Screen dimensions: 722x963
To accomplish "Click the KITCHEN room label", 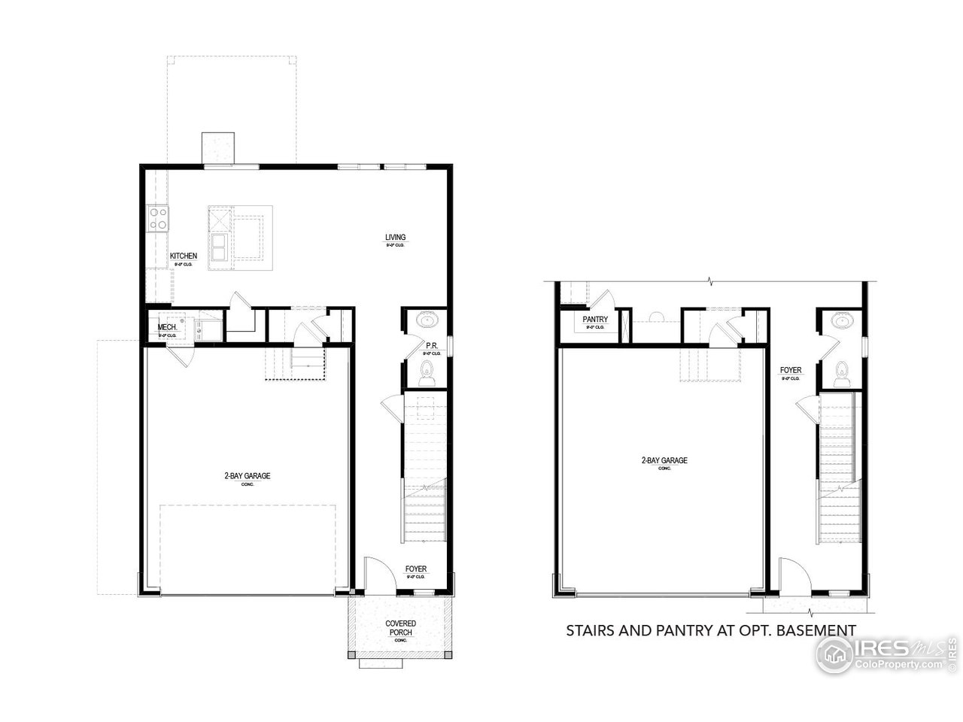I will pyautogui.click(x=184, y=256).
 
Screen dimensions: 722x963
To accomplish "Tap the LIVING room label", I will pyautogui.click(x=396, y=238).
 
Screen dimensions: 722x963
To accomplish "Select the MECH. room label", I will pyautogui.click(x=167, y=327).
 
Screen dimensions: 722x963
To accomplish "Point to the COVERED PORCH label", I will pyautogui.click(x=400, y=628).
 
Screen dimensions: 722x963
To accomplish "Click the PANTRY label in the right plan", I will pyautogui.click(x=595, y=320).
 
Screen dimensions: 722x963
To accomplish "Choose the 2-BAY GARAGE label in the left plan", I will pyautogui.click(x=247, y=476).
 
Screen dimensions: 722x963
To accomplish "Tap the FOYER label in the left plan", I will pyautogui.click(x=416, y=569).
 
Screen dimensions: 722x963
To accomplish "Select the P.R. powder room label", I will pyautogui.click(x=432, y=347).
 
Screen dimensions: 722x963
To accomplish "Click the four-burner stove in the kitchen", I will pyautogui.click(x=159, y=219).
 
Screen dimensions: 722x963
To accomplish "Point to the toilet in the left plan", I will pyautogui.click(x=427, y=372).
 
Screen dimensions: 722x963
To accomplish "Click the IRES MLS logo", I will pyautogui.click(x=888, y=654).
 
